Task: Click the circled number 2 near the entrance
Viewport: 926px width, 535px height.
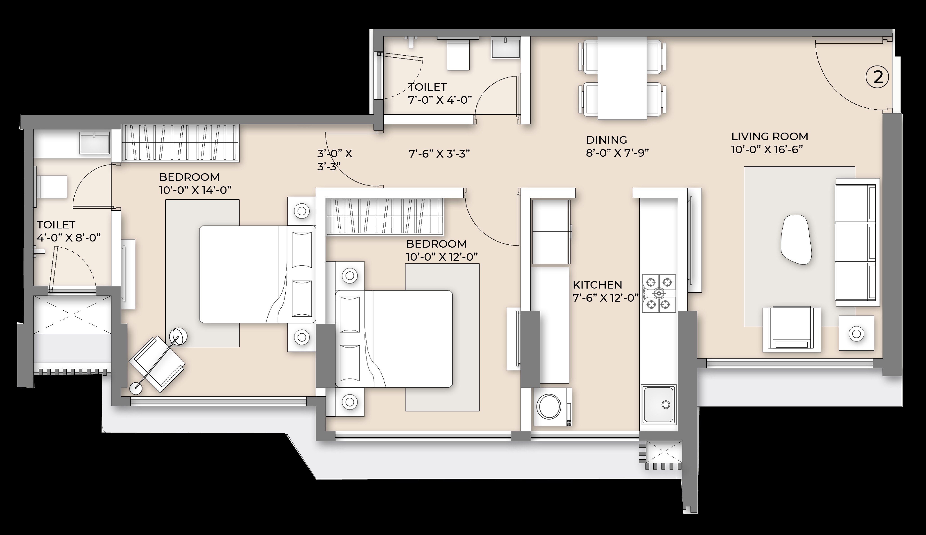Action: pyautogui.click(x=878, y=77)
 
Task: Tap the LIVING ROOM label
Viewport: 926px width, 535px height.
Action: pyautogui.click(x=770, y=136)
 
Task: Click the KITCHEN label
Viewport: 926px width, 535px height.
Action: pyautogui.click(x=597, y=285)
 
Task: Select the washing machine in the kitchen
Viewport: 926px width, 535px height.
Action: pyautogui.click(x=551, y=407)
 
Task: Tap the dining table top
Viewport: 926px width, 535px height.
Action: pyautogui.click(x=622, y=78)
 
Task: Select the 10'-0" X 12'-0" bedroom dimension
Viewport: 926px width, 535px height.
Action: pyautogui.click(x=442, y=257)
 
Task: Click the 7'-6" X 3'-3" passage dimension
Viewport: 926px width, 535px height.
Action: pyautogui.click(x=439, y=154)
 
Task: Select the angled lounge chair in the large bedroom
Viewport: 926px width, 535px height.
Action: pyautogui.click(x=157, y=364)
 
